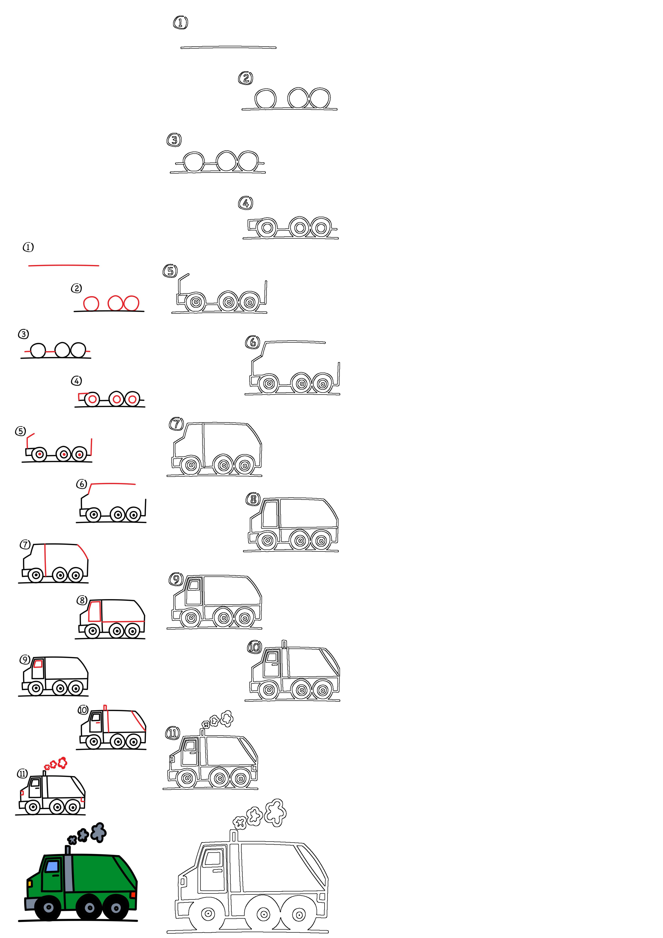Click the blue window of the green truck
[52, 866]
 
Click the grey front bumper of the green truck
[30, 904]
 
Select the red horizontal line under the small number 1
[64, 266]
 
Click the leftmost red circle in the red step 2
[91, 303]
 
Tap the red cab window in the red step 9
[38, 664]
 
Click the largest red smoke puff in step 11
[63, 762]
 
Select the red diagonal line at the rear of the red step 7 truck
[83, 552]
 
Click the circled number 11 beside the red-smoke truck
[22, 773]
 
